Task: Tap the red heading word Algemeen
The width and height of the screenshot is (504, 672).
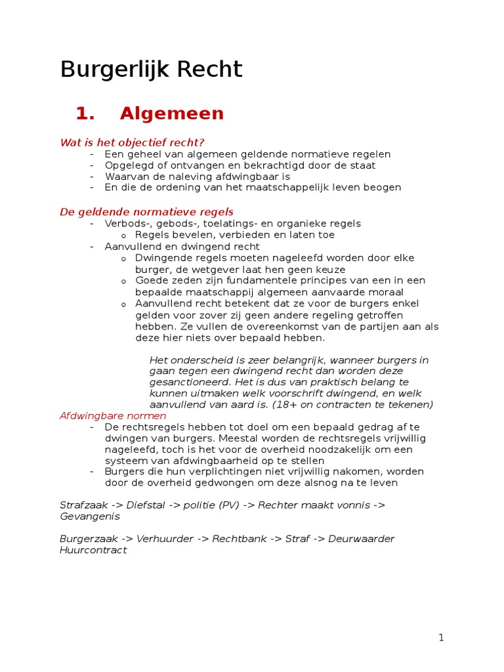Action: (172, 114)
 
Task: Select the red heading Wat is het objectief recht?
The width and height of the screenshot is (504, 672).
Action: (133, 142)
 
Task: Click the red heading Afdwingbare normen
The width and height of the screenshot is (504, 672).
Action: (113, 415)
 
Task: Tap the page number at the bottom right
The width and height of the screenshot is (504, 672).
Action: (442, 637)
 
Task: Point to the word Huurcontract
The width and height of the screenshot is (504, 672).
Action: (93, 550)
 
